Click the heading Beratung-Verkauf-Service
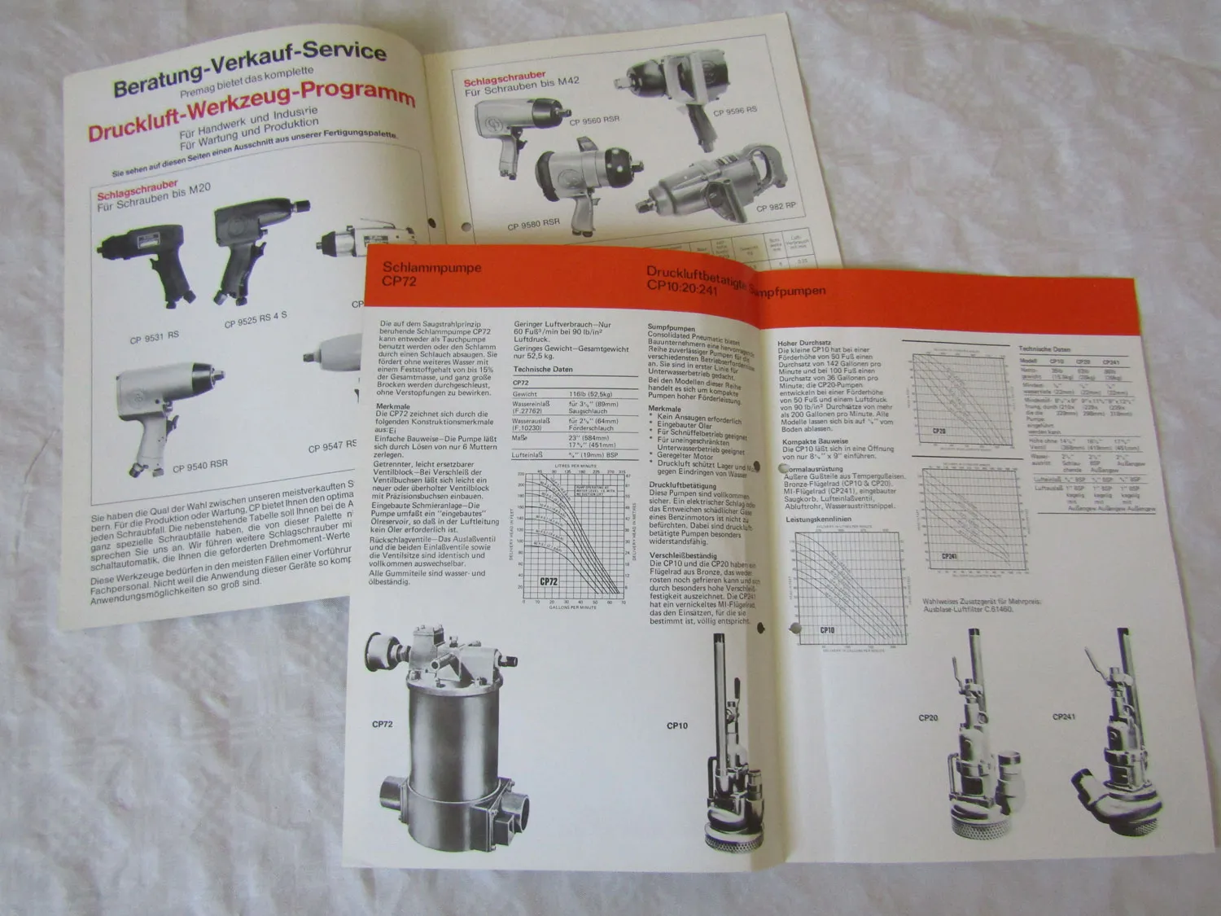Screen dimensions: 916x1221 250,70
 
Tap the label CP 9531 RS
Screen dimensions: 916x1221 154,336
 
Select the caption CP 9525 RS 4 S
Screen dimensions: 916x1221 256,320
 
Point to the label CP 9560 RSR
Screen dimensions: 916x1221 594,121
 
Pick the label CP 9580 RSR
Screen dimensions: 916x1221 533,224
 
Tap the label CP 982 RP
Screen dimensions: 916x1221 776,207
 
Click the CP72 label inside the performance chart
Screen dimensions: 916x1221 549,581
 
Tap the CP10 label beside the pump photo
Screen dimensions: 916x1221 676,725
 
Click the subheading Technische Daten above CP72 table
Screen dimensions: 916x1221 542,369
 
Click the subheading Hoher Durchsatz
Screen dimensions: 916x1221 803,344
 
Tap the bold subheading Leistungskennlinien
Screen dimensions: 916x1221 818,519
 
